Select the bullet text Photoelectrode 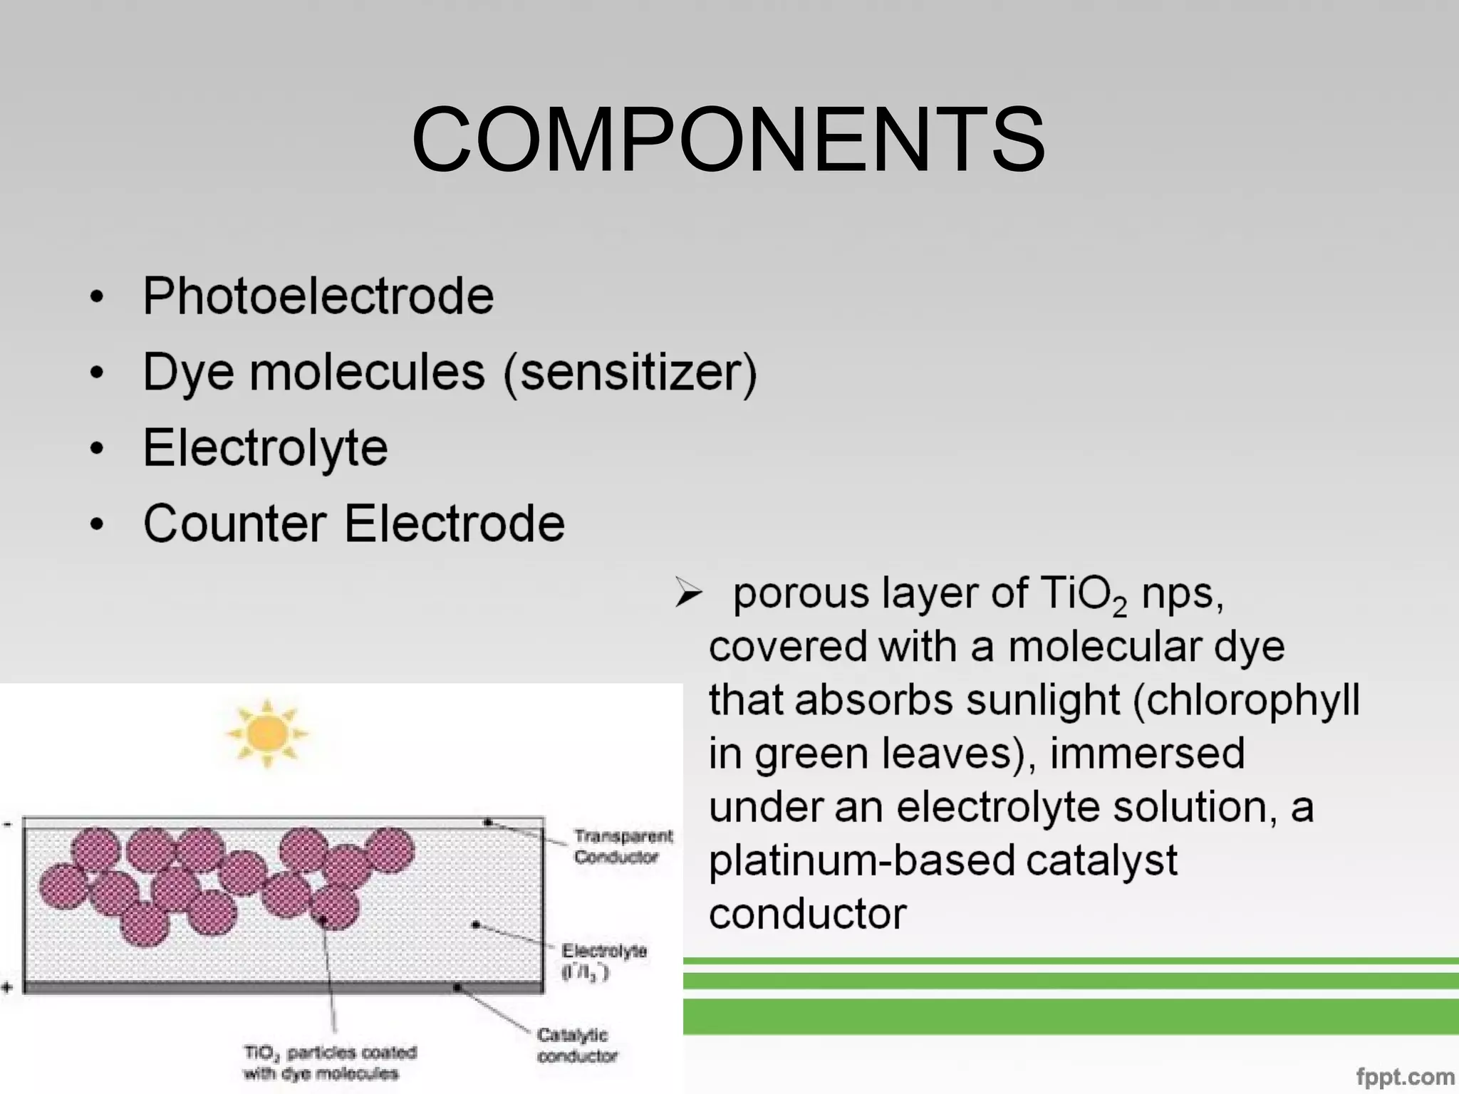coord(318,296)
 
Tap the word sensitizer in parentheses coord(630,373)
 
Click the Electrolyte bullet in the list coord(265,448)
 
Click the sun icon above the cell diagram coord(267,734)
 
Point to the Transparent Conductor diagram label coord(623,845)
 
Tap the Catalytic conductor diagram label coord(576,1045)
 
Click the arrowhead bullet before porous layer coord(688,593)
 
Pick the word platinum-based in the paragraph coord(862,860)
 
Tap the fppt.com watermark coord(1404,1076)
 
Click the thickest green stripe coord(1069,1016)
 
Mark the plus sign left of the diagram coord(7,987)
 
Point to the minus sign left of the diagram coord(7,825)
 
